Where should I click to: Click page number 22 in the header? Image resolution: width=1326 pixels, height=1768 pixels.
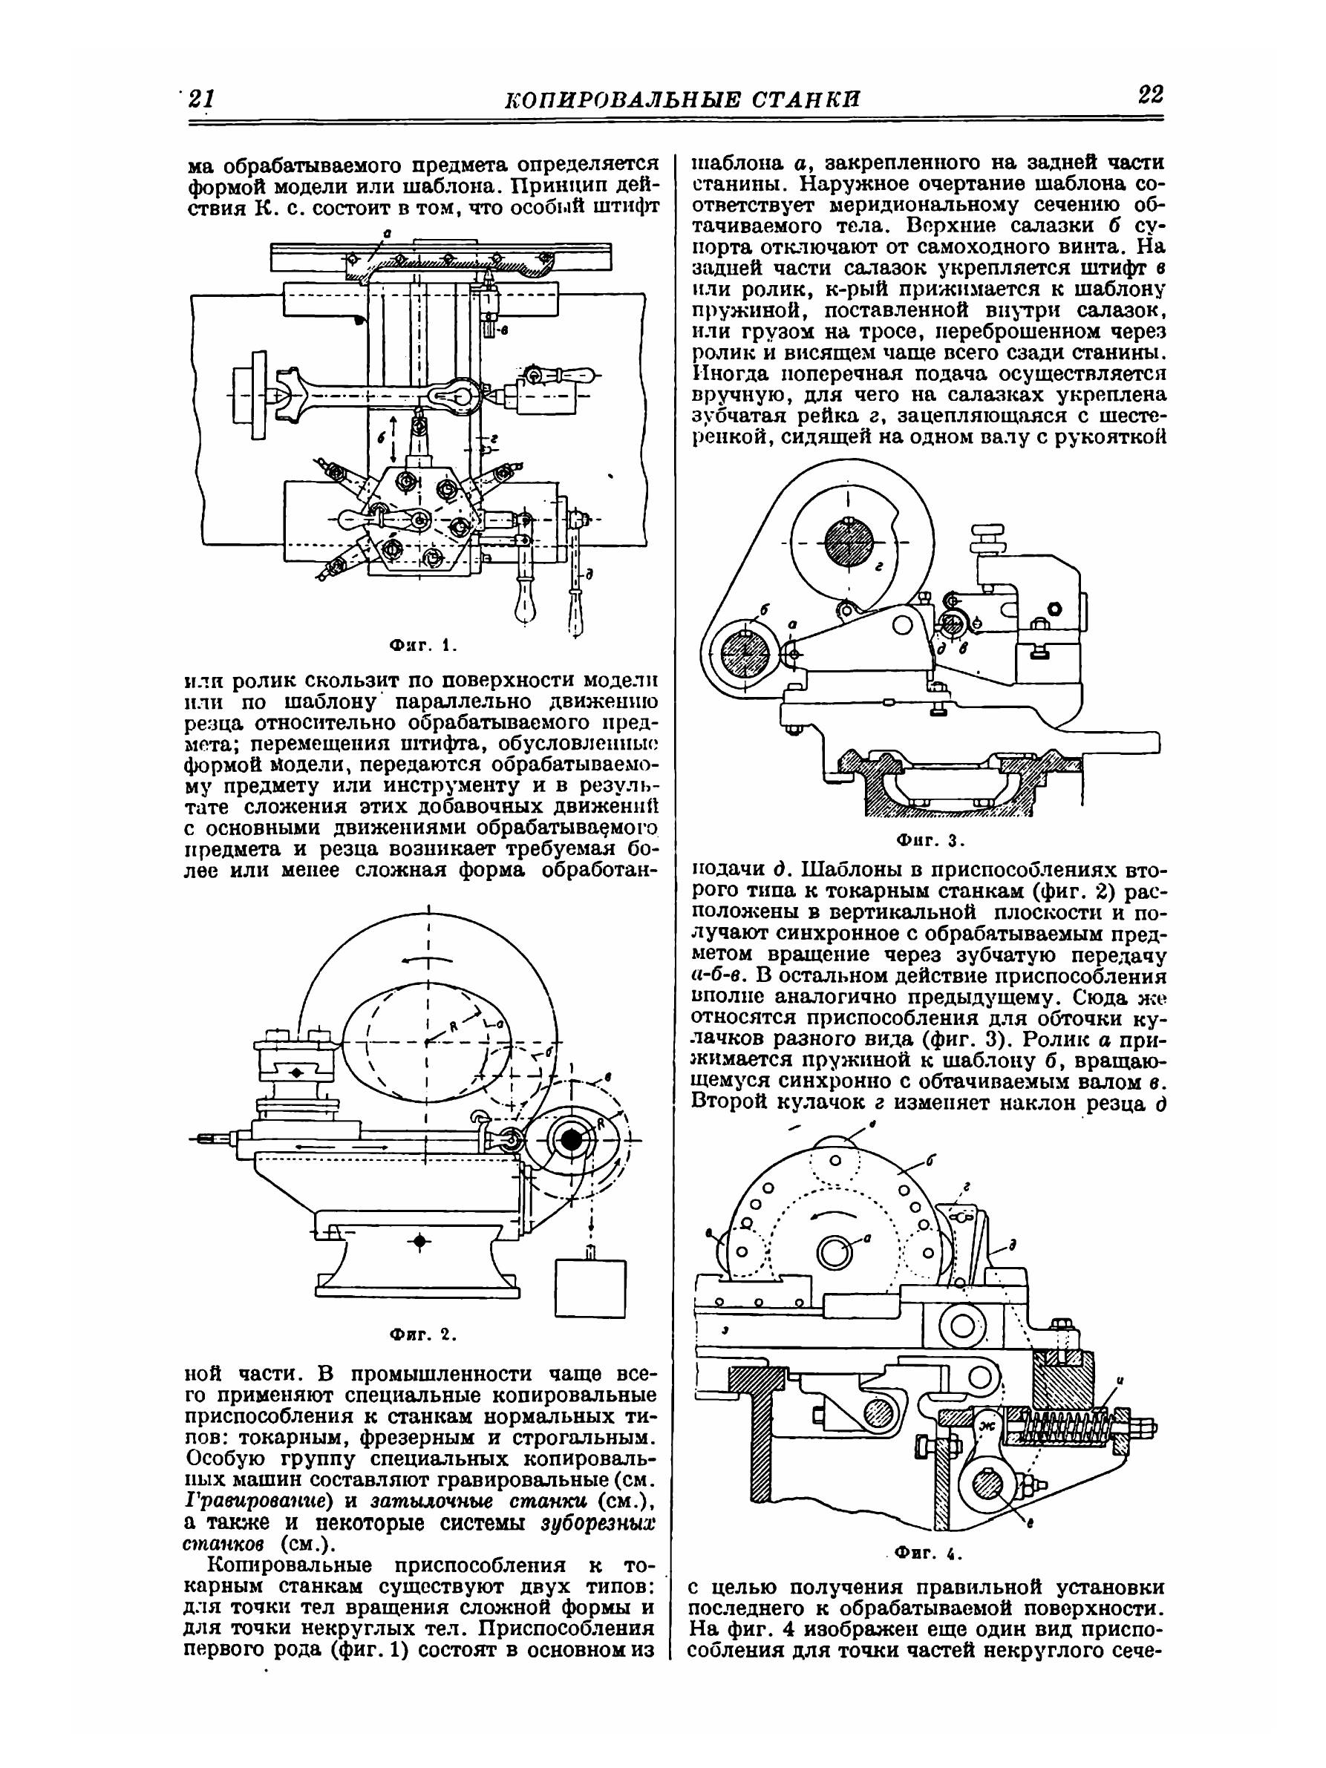coord(1149,94)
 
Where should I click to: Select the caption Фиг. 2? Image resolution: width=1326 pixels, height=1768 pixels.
coord(421,1334)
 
